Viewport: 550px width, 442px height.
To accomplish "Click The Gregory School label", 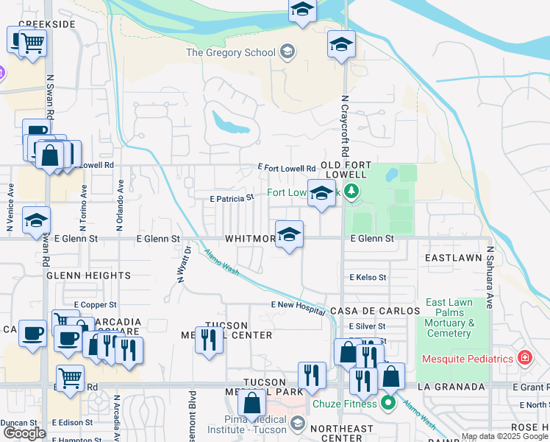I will tap(231, 52).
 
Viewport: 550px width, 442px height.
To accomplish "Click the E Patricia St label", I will tap(232, 197).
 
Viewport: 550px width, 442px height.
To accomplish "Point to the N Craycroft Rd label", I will tap(343, 122).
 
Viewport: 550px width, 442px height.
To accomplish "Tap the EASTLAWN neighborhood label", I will tap(453, 259).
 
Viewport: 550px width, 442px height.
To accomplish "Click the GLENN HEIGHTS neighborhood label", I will tap(88, 276).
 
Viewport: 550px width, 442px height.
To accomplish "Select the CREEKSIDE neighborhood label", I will tap(47, 24).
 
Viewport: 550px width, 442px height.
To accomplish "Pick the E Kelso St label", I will tap(368, 277).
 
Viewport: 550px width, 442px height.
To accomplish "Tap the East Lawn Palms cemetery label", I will tap(449, 318).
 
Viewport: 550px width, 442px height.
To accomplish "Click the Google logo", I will tap(24, 433).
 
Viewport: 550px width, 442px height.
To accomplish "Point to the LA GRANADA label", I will tap(451, 387).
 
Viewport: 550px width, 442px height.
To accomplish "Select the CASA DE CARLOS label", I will tap(374, 311).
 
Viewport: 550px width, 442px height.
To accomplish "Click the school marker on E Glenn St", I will tap(289, 235).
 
